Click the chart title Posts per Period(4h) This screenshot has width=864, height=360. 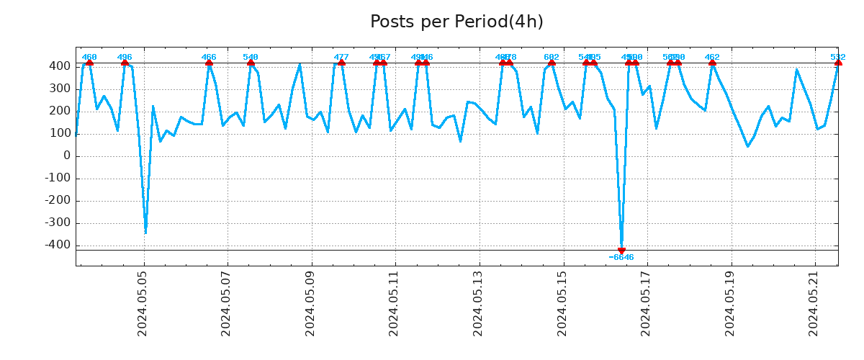point(456,22)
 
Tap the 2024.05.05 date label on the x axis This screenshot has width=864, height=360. point(143,303)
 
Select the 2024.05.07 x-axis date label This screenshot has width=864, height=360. point(227,303)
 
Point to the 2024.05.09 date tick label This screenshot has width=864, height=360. point(310,303)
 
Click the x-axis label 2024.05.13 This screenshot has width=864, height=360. point(478,303)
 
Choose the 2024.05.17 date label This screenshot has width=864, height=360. point(646,303)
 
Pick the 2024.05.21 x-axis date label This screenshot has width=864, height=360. point(814,303)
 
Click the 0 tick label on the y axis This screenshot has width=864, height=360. point(66,156)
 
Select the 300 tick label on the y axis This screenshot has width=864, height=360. point(60,89)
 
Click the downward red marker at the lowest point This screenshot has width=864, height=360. point(621,251)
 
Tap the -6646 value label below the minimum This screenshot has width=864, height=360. point(621,258)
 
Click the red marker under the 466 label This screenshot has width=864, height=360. point(209,63)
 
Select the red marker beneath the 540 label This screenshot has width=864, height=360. point(251,63)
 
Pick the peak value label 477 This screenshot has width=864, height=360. point(341,58)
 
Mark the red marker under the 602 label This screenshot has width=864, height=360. point(552,63)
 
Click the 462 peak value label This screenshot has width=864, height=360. point(712,58)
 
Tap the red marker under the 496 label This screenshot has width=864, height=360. point(125,63)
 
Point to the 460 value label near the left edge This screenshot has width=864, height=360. point(89,58)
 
